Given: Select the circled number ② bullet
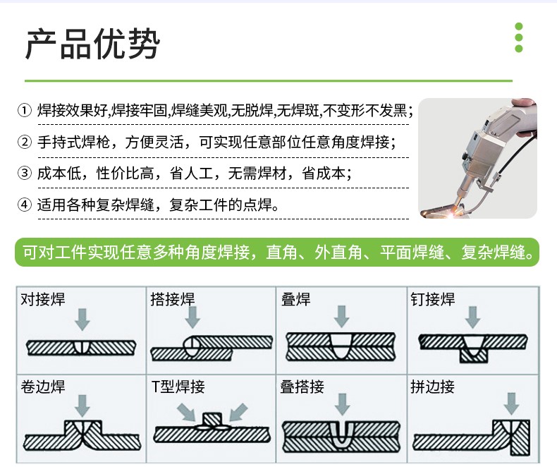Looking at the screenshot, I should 25,142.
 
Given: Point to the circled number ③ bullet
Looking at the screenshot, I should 25,174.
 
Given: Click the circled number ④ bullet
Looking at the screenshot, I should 25,205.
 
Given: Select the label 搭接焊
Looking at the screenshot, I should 173,299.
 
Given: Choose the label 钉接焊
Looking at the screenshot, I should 433,299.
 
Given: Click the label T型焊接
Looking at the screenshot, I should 178,387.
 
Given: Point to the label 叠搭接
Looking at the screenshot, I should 302,387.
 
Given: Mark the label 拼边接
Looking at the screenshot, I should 433,387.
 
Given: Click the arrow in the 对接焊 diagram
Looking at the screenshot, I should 82,319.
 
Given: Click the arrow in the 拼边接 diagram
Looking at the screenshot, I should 511,404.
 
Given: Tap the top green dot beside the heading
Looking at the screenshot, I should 519,27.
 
